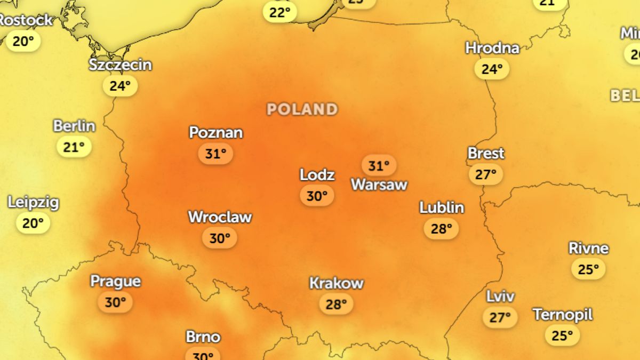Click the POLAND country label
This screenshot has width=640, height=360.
(302, 109)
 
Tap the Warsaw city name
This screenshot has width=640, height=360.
(379, 185)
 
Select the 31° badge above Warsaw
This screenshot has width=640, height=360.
(379, 166)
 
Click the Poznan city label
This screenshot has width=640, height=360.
(216, 132)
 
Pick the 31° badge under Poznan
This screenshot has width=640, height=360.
(215, 154)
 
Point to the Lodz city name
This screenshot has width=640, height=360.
(317, 174)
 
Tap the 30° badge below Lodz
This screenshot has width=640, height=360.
(317, 196)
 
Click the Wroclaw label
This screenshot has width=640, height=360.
(220, 217)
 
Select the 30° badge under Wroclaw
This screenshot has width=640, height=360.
(219, 238)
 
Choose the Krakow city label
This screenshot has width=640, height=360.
(337, 283)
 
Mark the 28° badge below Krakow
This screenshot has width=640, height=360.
(336, 305)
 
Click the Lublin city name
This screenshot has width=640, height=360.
(442, 207)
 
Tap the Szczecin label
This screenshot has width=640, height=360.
(121, 65)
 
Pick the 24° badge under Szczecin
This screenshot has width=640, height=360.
(120, 86)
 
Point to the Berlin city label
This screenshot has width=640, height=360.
(74, 126)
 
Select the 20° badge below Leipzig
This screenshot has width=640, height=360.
(33, 223)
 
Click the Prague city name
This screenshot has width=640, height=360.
(115, 281)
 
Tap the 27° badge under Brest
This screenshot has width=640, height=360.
(486, 174)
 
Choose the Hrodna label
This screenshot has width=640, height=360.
(492, 48)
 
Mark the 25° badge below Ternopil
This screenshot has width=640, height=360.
(562, 335)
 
